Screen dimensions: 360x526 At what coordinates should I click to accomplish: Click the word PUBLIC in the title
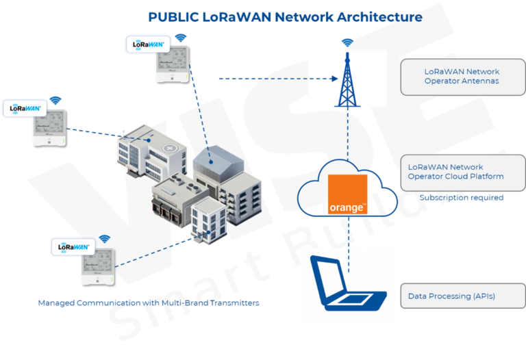(174, 16)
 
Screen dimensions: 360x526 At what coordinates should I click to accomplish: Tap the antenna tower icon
(347, 79)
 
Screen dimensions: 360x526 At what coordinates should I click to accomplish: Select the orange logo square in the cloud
(347, 194)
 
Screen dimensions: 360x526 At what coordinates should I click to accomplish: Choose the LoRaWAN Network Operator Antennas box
(462, 76)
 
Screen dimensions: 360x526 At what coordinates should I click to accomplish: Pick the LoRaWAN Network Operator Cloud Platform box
(462, 172)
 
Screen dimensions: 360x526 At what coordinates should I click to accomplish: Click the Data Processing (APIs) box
(462, 296)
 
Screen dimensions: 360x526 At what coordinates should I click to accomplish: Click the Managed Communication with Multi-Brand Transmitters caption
(149, 302)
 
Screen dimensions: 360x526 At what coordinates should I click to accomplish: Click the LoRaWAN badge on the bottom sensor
(72, 246)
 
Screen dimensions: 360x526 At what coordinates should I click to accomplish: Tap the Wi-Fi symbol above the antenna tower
(347, 42)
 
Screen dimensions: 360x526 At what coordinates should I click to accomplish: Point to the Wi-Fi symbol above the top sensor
(180, 38)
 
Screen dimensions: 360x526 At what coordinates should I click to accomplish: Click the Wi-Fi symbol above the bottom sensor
(104, 239)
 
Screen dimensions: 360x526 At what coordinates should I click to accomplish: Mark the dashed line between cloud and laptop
(347, 233)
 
